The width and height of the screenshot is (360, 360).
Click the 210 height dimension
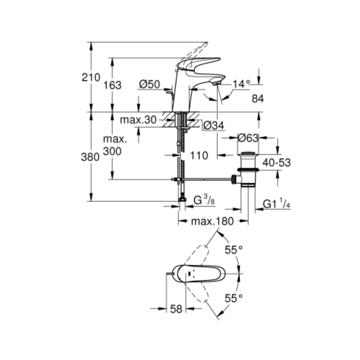pyautogui.click(x=91, y=78)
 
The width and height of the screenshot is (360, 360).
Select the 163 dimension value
pyautogui.click(x=112, y=85)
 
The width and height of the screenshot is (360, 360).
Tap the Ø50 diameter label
pyautogui.click(x=149, y=85)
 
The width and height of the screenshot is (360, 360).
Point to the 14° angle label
pyautogui.click(x=241, y=84)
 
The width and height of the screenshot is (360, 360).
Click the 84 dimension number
pyautogui.click(x=258, y=99)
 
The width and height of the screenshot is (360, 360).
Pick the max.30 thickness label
pyautogui.click(x=138, y=120)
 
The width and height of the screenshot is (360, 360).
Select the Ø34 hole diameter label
pyautogui.click(x=214, y=125)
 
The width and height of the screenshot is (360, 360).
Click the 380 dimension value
pyautogui.click(x=90, y=157)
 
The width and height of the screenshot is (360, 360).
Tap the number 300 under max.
pyautogui.click(x=112, y=151)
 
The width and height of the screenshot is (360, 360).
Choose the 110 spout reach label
pyautogui.click(x=199, y=156)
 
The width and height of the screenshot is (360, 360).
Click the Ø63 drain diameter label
pyautogui.click(x=248, y=138)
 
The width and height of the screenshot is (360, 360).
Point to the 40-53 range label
pyautogui.click(x=276, y=163)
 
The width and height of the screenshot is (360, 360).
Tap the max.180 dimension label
pyautogui.click(x=212, y=221)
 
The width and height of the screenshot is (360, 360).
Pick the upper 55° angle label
pyautogui.click(x=234, y=250)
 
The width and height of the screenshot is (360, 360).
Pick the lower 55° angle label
pyautogui.click(x=234, y=298)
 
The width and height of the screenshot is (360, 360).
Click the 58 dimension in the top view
pyautogui.click(x=176, y=309)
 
